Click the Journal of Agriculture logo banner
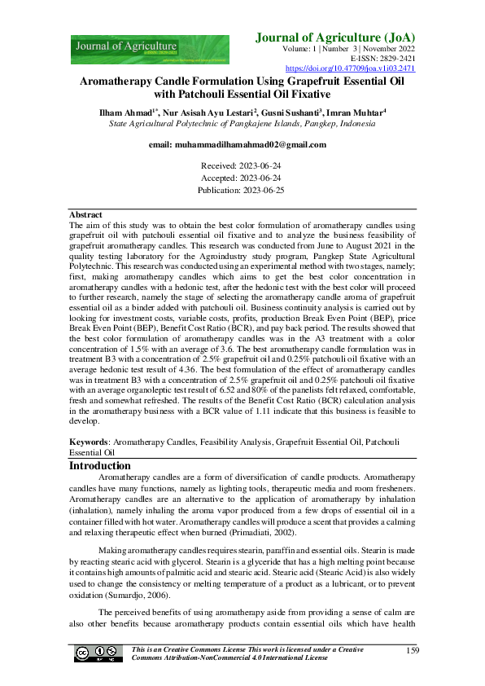click(150, 49)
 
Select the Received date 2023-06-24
click(242, 165)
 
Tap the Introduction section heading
click(105, 466)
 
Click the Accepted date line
click(242, 178)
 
